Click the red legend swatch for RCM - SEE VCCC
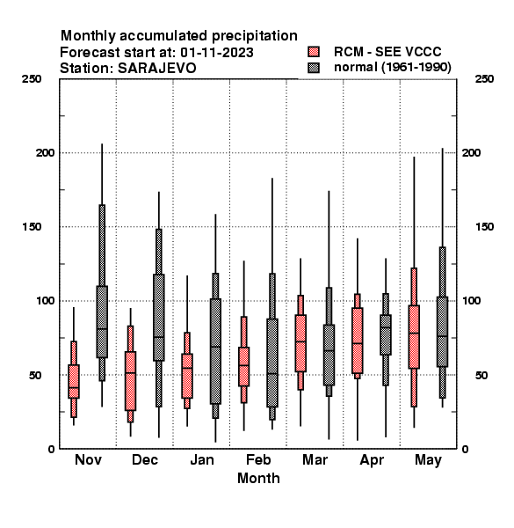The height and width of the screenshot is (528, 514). coord(314,52)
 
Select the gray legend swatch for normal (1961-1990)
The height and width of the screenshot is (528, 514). coord(314,68)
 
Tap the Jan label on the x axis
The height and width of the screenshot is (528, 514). coord(202,460)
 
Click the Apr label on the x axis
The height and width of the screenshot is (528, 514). coord(372,460)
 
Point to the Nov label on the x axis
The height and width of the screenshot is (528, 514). coord(88,460)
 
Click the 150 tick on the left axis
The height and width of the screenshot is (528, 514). coord(32,227)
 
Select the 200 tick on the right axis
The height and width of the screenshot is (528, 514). coord(471,152)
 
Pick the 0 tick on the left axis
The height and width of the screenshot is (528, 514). coord(51,449)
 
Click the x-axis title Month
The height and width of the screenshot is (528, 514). coord(258,478)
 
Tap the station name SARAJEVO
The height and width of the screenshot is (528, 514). coord(157,69)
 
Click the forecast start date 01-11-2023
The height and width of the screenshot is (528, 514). coord(217,52)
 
